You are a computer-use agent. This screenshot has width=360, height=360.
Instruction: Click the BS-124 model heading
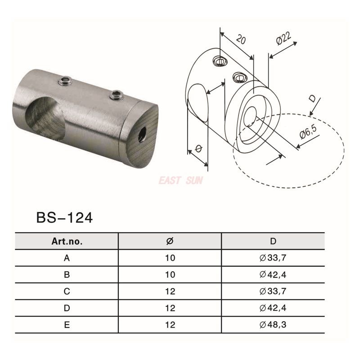click(64, 218)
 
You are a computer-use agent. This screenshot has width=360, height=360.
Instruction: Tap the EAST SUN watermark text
click(180, 180)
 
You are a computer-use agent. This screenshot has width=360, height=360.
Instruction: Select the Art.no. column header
click(67, 241)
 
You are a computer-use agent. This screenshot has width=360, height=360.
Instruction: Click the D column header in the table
click(273, 241)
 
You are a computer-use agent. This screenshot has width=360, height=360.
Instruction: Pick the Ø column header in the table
click(170, 241)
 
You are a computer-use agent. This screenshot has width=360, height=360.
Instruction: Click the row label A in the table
click(67, 258)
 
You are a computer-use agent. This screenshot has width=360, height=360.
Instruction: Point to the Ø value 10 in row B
click(170, 274)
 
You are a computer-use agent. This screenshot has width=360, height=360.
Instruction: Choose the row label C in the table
click(67, 291)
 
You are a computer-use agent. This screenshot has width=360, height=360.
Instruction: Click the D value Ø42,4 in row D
click(273, 308)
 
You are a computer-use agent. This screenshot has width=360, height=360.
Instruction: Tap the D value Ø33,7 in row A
click(273, 258)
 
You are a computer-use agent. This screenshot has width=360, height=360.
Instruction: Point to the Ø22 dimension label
click(283, 40)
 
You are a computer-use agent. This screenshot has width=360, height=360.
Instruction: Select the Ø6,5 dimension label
click(309, 135)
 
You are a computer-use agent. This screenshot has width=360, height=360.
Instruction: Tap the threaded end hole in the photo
click(142, 133)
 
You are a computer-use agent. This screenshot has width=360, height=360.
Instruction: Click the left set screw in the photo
click(66, 82)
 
